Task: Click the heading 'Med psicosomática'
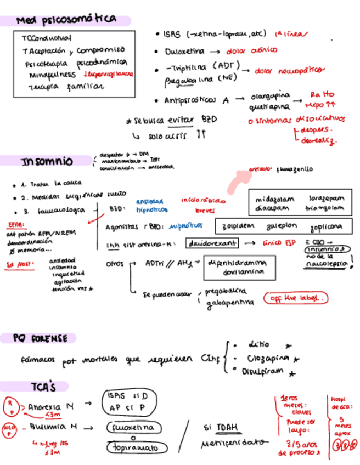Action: point(66,20)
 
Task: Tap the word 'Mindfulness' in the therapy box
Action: point(53,74)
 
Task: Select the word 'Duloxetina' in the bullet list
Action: point(185,52)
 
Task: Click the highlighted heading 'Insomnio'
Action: point(47,162)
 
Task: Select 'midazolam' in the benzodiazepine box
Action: point(275,200)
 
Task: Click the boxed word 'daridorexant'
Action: point(213,243)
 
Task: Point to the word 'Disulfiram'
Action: point(262,372)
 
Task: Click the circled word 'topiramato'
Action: point(132,447)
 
